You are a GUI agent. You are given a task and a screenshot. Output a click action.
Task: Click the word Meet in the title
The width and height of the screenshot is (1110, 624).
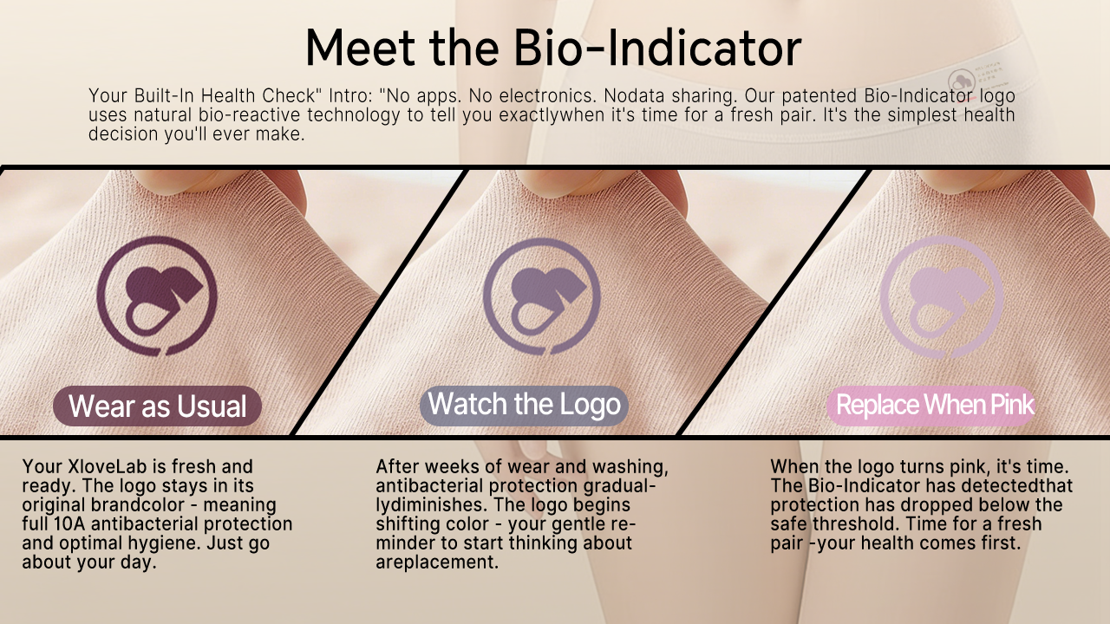(x=360, y=48)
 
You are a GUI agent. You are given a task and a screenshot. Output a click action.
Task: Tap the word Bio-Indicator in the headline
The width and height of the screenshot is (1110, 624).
(x=657, y=48)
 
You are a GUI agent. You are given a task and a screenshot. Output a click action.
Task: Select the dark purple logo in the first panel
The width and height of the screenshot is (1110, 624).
(x=157, y=296)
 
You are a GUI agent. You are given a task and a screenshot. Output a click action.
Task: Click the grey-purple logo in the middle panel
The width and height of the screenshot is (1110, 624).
(x=542, y=296)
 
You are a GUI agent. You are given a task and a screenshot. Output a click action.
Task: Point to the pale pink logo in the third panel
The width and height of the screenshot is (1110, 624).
(x=942, y=297)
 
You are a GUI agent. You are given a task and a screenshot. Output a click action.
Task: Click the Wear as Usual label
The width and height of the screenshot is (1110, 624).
(x=157, y=406)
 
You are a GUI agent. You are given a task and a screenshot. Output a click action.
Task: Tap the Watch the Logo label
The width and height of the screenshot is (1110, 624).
(x=524, y=405)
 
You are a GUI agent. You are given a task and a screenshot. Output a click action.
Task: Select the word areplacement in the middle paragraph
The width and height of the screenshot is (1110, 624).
(x=436, y=562)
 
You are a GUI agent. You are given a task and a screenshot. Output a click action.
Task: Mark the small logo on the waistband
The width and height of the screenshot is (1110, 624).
(x=962, y=82)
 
